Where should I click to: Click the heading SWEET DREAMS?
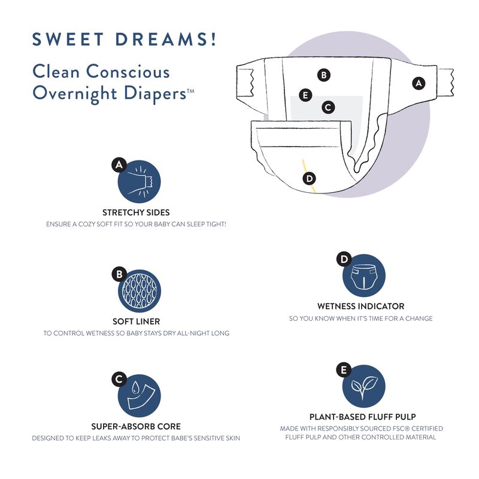click(x=125, y=40)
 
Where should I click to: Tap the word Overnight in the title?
click(x=75, y=93)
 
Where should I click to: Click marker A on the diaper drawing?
click(x=419, y=83)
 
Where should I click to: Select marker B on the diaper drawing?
click(x=324, y=75)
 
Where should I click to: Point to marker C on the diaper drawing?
click(x=328, y=107)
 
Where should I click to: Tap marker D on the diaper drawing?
click(x=310, y=178)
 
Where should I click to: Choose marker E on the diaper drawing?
click(x=305, y=95)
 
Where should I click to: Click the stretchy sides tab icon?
click(x=140, y=182)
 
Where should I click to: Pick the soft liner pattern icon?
click(x=140, y=291)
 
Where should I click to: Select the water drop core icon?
click(x=140, y=396)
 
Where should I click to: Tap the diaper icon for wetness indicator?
click(x=363, y=275)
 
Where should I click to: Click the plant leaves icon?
click(x=363, y=386)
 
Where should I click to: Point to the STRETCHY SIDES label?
click(x=136, y=213)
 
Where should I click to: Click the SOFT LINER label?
click(x=137, y=322)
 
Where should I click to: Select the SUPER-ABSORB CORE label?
click(x=136, y=426)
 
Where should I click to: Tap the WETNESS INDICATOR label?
click(x=361, y=307)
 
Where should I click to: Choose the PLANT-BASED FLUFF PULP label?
click(x=363, y=417)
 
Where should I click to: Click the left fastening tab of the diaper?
click(x=245, y=81)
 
